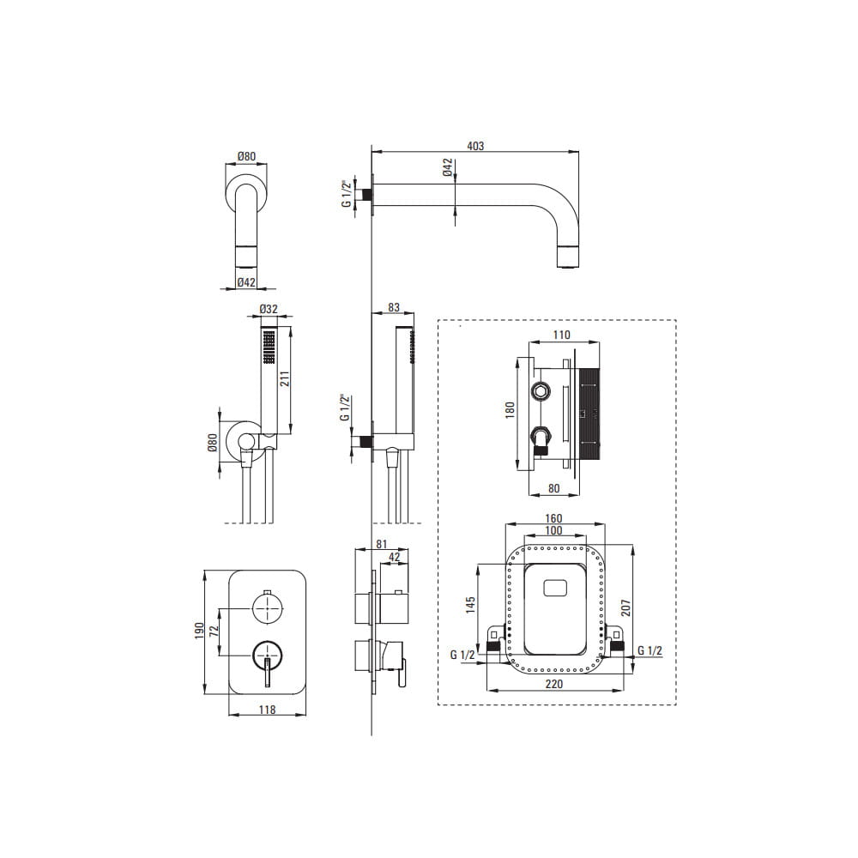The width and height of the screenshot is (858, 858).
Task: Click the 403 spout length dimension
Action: [475, 146]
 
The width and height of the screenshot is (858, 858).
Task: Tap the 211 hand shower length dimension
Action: [285, 378]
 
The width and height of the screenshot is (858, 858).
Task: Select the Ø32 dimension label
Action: [269, 309]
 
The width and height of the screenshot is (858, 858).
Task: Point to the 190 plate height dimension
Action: [199, 631]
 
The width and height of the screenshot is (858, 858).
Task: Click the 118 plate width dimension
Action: [267, 710]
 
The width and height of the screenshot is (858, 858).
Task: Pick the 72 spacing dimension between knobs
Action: [214, 631]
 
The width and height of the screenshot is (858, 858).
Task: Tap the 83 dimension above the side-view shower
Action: [394, 307]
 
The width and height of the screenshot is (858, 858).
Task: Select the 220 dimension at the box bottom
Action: [553, 684]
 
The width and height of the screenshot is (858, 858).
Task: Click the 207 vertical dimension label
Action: [626, 608]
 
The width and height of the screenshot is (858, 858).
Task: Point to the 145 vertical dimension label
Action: [471, 605]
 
